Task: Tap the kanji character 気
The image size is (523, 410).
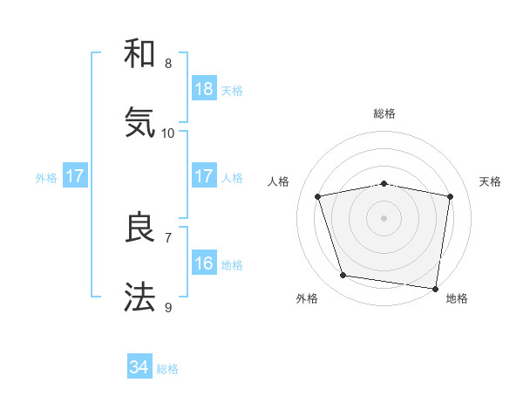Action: coord(139,122)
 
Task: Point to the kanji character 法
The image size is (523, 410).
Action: coord(139,297)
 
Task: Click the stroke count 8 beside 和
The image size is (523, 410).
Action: coord(168,64)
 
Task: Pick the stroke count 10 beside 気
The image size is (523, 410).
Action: coord(168,133)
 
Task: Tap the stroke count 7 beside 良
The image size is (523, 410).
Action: coord(168,237)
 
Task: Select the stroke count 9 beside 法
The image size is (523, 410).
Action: coord(168,307)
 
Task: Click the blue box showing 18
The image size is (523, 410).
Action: coord(204,89)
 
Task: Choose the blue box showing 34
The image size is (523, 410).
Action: coord(139,367)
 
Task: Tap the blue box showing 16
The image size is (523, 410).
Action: coord(204,263)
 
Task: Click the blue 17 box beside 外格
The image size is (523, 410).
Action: coord(75,176)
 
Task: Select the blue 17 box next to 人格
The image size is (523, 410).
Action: coord(204,176)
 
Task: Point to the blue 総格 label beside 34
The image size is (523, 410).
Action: coord(167,369)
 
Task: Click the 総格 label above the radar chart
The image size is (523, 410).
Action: coord(384,113)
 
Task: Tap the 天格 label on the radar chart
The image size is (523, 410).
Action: coord(491,181)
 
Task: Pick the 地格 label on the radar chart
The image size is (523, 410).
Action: coord(457,298)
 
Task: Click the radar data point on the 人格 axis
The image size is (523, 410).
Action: coord(318,196)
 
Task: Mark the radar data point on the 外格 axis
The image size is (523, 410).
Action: coord(343,276)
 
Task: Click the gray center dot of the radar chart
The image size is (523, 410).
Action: coord(384,218)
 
